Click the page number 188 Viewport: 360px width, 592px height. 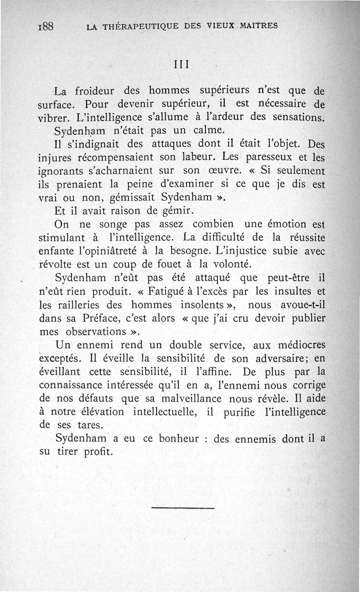tap(46, 26)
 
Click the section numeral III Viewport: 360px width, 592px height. tap(180, 63)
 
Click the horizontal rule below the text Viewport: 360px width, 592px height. tap(183, 508)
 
